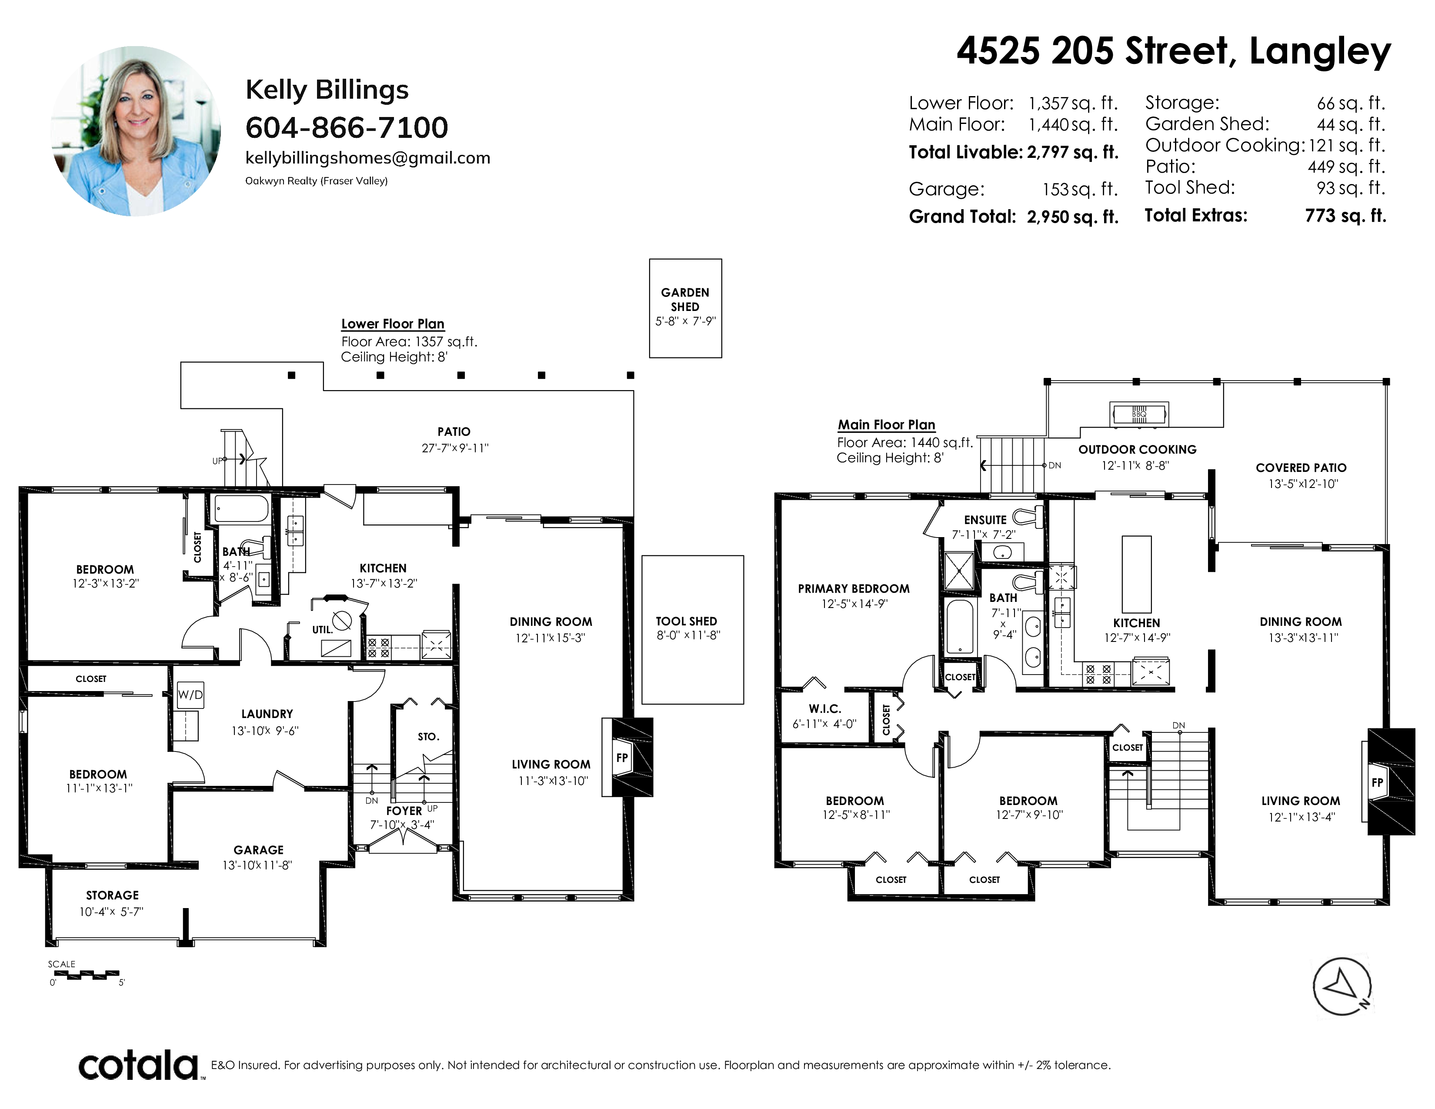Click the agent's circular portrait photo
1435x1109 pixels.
tap(135, 131)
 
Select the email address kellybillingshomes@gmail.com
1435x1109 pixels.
tap(368, 158)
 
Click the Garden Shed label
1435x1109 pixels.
tap(685, 300)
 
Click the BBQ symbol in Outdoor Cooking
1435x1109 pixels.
tap(1139, 414)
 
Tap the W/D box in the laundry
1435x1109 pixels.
tap(190, 695)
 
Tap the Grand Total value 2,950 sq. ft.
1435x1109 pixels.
tap(1072, 217)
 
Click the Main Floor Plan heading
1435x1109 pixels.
tap(886, 424)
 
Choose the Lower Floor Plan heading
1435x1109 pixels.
tap(393, 324)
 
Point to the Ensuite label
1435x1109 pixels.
tap(985, 520)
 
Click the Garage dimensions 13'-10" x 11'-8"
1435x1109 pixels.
tap(257, 865)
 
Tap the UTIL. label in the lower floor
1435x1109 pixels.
tap(322, 629)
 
